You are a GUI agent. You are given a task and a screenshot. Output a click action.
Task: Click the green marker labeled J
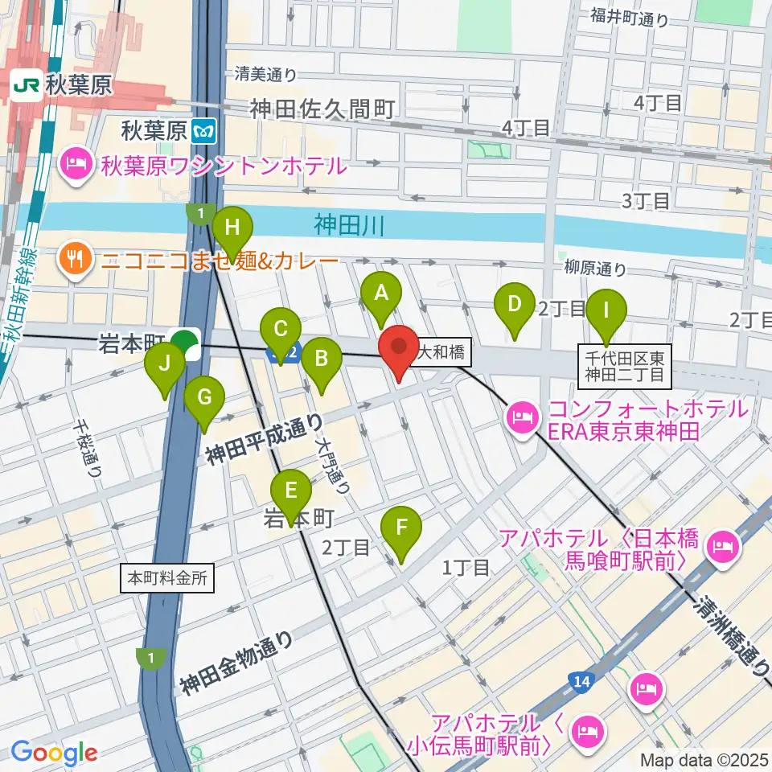(165, 364)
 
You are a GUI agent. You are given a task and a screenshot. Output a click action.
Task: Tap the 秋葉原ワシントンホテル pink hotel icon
(77, 166)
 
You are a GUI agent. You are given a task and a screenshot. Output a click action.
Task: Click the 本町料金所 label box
(167, 577)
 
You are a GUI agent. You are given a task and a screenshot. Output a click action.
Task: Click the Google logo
(55, 753)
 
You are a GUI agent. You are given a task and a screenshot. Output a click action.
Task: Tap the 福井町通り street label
(629, 16)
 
